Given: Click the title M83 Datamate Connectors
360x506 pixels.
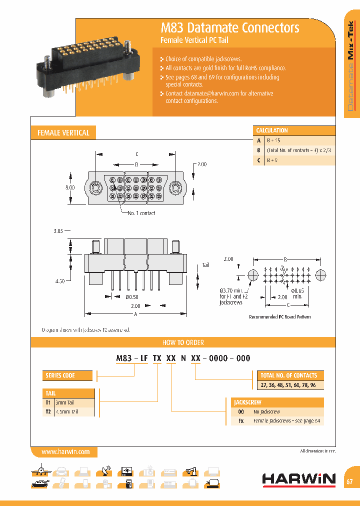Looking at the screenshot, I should point(229,27).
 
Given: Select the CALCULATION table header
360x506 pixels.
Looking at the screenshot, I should point(272,130).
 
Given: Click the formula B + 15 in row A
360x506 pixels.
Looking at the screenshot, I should point(273,140).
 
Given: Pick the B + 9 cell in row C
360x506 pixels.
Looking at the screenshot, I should point(272,160).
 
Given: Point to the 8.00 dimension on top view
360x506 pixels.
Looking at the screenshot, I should point(69,187).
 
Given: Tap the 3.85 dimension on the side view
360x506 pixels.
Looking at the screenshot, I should point(58,231).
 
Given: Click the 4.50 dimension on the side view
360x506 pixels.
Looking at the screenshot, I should point(59,281).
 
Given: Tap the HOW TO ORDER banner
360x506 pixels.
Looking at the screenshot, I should point(183,342).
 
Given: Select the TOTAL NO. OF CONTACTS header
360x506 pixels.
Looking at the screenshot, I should point(288,375).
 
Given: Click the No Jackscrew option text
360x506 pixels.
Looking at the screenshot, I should point(266,412).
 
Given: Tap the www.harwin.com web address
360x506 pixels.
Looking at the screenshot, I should point(65,451).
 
